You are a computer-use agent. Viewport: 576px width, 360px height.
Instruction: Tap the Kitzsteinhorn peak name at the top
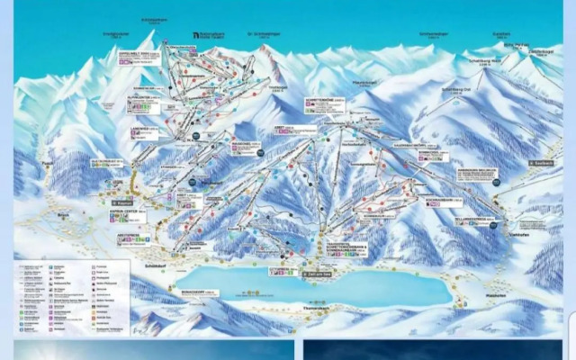(156, 20)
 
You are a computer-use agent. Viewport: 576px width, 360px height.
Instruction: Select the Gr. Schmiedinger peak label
(264, 35)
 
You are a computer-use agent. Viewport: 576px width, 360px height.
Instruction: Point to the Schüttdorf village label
(153, 265)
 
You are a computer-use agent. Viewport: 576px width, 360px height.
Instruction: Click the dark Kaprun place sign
(121, 203)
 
